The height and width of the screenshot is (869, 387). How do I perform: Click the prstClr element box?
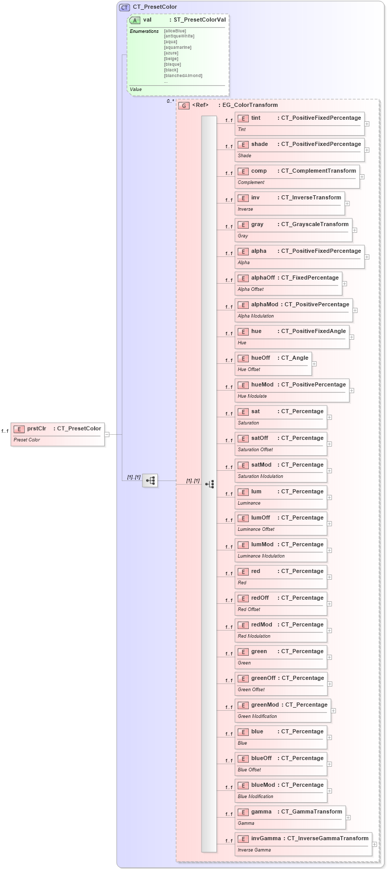coord(58,434)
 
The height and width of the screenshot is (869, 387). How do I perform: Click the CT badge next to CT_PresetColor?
coord(124,8)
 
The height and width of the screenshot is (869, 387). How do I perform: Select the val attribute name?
coord(148,20)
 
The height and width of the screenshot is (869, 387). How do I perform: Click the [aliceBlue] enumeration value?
coord(175,31)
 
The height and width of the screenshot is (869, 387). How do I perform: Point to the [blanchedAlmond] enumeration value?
coord(183,76)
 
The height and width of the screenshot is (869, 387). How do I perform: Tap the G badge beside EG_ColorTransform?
coord(184,105)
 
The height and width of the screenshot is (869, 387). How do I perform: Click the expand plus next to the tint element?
coord(367,124)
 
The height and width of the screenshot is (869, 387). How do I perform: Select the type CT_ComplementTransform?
coord(318,171)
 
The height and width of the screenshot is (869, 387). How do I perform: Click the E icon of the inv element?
coord(243,198)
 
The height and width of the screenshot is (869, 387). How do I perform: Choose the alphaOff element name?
coord(263,278)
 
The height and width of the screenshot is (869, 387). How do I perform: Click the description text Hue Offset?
coord(249,369)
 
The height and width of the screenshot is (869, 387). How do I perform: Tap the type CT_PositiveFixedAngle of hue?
coord(313,331)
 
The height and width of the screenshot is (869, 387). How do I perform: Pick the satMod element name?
coord(261,465)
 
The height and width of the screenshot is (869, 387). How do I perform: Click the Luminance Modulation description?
coord(261,556)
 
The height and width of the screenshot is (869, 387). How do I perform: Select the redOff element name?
coord(260,598)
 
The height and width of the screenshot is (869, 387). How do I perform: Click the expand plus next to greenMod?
coord(334,711)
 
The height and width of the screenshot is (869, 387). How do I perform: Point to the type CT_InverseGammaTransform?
coord(327,838)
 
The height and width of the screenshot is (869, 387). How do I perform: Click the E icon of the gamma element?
coord(243,812)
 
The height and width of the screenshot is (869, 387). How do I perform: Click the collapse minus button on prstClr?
coord(107,434)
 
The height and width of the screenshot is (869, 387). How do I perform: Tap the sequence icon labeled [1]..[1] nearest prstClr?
coord(150,480)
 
